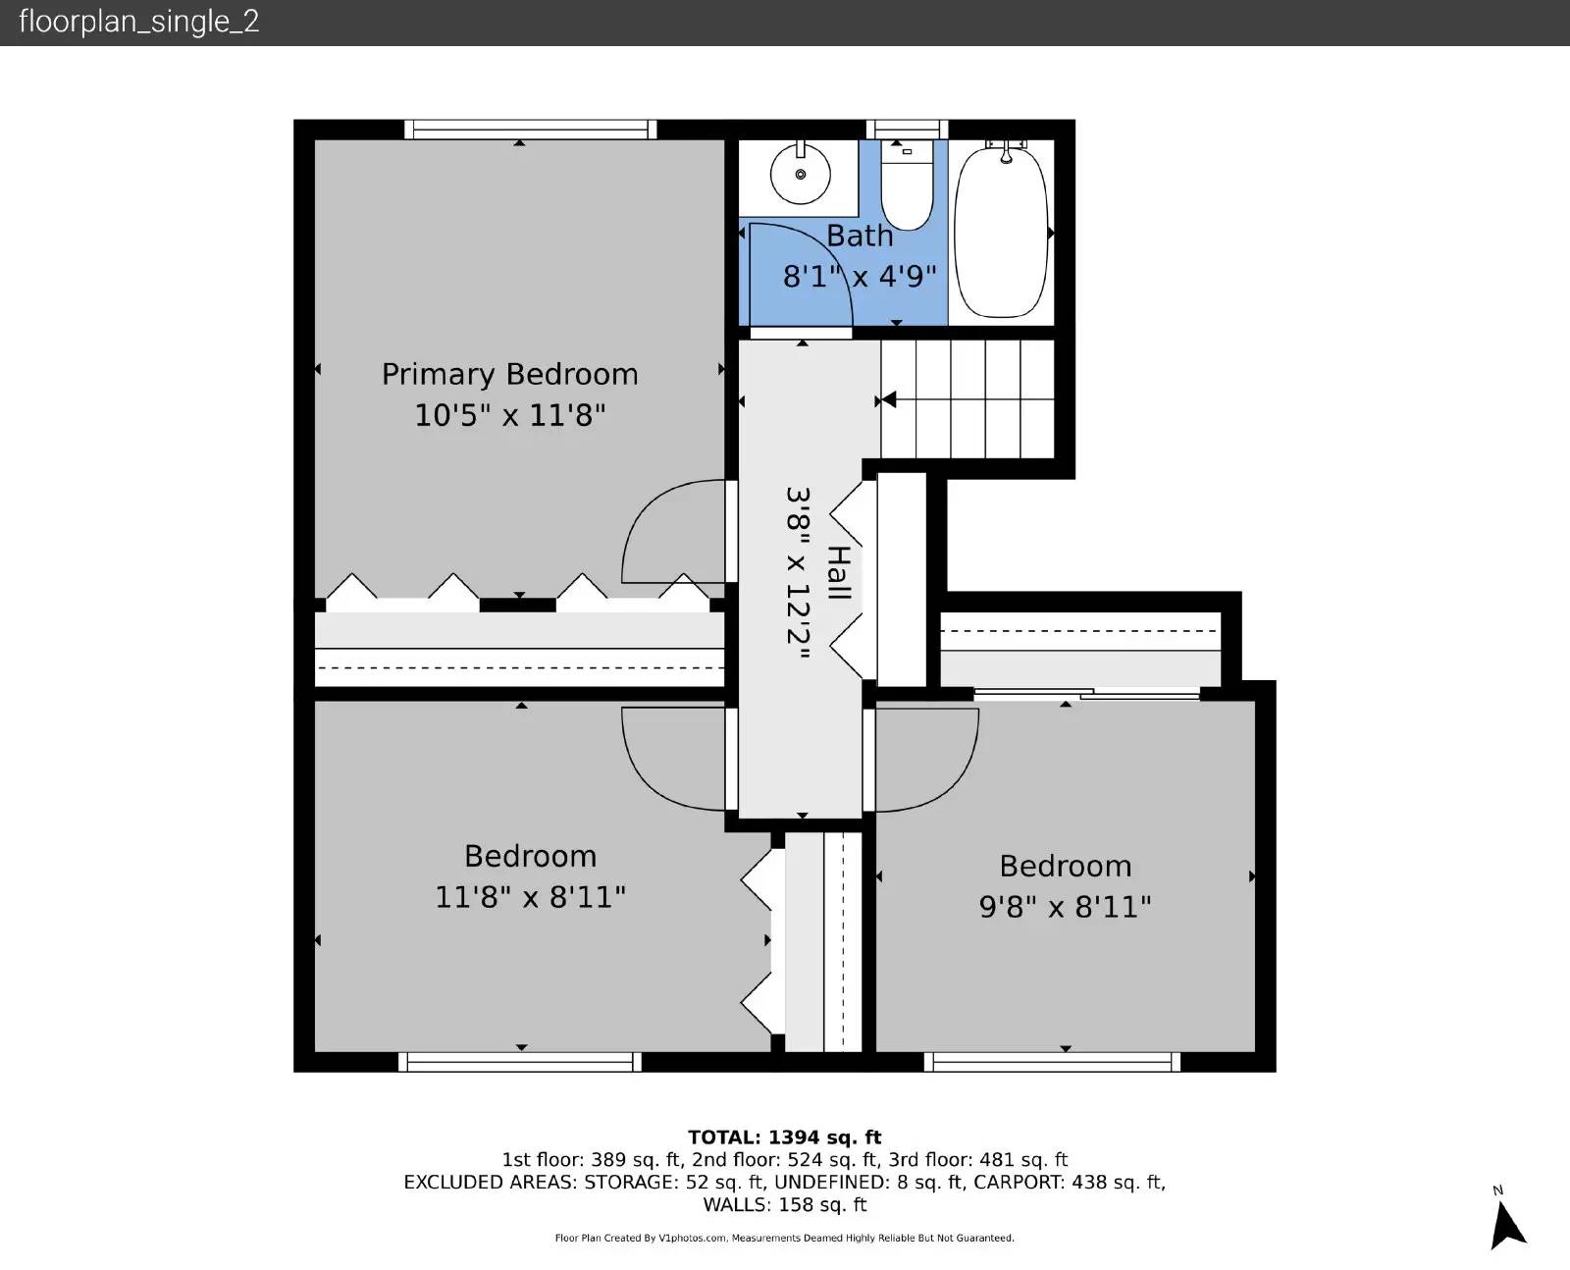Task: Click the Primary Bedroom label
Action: pyautogui.click(x=509, y=375)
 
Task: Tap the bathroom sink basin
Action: pyautogui.click(x=801, y=174)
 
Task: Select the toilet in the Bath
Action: pyautogui.click(x=908, y=185)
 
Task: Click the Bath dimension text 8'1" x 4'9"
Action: pyautogui.click(x=860, y=277)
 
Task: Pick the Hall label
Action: pyautogui.click(x=840, y=572)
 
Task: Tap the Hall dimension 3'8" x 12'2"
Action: pyautogui.click(x=799, y=572)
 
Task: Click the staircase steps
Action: pyautogui.click(x=968, y=398)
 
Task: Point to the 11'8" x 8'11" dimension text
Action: pyautogui.click(x=530, y=898)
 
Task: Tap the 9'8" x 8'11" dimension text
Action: pyautogui.click(x=1065, y=908)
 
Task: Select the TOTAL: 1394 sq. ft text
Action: pyautogui.click(x=784, y=1138)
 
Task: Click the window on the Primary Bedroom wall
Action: pyautogui.click(x=531, y=130)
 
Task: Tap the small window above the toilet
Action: pyautogui.click(x=907, y=130)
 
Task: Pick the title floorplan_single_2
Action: pyautogui.click(x=139, y=22)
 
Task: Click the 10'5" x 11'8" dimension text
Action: pyautogui.click(x=509, y=416)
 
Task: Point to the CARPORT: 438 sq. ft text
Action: pyautogui.click(x=1070, y=1183)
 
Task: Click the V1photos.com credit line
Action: pyautogui.click(x=784, y=1239)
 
